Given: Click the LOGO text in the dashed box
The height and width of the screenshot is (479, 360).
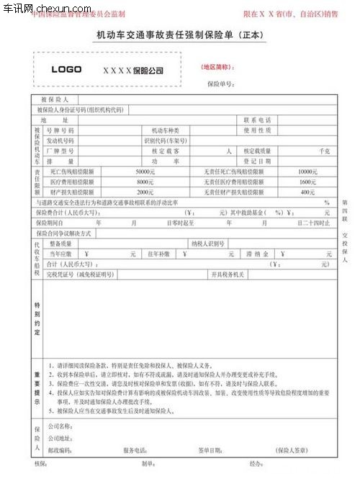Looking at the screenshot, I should (66, 70).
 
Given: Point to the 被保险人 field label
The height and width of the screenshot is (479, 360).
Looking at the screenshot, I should (55, 99).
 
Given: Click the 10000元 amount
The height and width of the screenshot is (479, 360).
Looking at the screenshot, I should (307, 171).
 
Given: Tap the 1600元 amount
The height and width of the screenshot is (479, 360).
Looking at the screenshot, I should (307, 182).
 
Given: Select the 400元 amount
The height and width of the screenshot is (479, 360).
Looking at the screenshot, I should (307, 192).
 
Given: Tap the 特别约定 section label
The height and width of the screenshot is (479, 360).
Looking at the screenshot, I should (37, 314).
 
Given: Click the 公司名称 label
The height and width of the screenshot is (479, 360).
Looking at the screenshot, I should (60, 426).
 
